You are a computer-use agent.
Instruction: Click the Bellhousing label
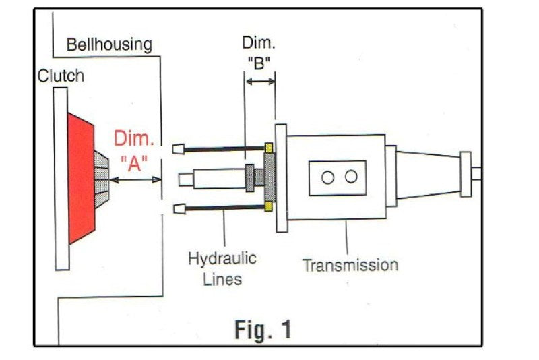pos(108,45)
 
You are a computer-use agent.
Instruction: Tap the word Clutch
pos(61,75)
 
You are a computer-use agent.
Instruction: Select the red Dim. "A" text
pos(133,152)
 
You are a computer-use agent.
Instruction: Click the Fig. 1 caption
pos(263,329)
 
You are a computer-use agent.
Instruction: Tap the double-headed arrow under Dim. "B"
pos(260,82)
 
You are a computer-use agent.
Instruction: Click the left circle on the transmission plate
pos(328,177)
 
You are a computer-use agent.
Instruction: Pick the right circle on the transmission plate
pos(351,177)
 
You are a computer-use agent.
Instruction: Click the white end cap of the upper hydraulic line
pos(179,149)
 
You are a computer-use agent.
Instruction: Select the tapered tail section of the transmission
pos(425,175)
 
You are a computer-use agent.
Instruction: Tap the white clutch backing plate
pos(61,179)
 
